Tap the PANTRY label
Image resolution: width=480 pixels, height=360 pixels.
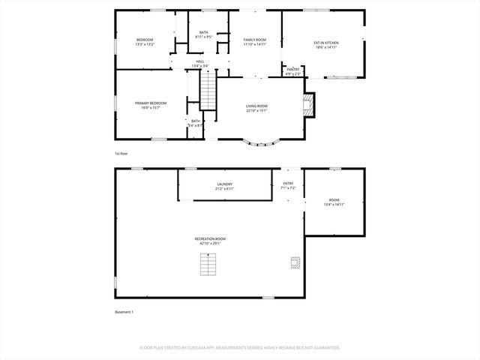coord(292,71)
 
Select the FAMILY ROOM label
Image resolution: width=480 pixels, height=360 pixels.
coord(255,41)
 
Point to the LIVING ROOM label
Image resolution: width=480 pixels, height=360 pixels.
coord(256,108)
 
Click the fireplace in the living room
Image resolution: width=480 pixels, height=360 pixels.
coord(308,105)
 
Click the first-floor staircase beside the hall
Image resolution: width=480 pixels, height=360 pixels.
coord(207,92)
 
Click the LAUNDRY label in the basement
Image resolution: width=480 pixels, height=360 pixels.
coord(224,185)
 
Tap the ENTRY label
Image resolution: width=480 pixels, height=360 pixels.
coord(288,185)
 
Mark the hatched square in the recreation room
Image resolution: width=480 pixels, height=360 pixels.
coord(295,262)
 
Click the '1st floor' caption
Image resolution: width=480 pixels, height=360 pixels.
coord(122,153)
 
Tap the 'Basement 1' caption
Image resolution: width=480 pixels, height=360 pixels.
coord(124,311)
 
